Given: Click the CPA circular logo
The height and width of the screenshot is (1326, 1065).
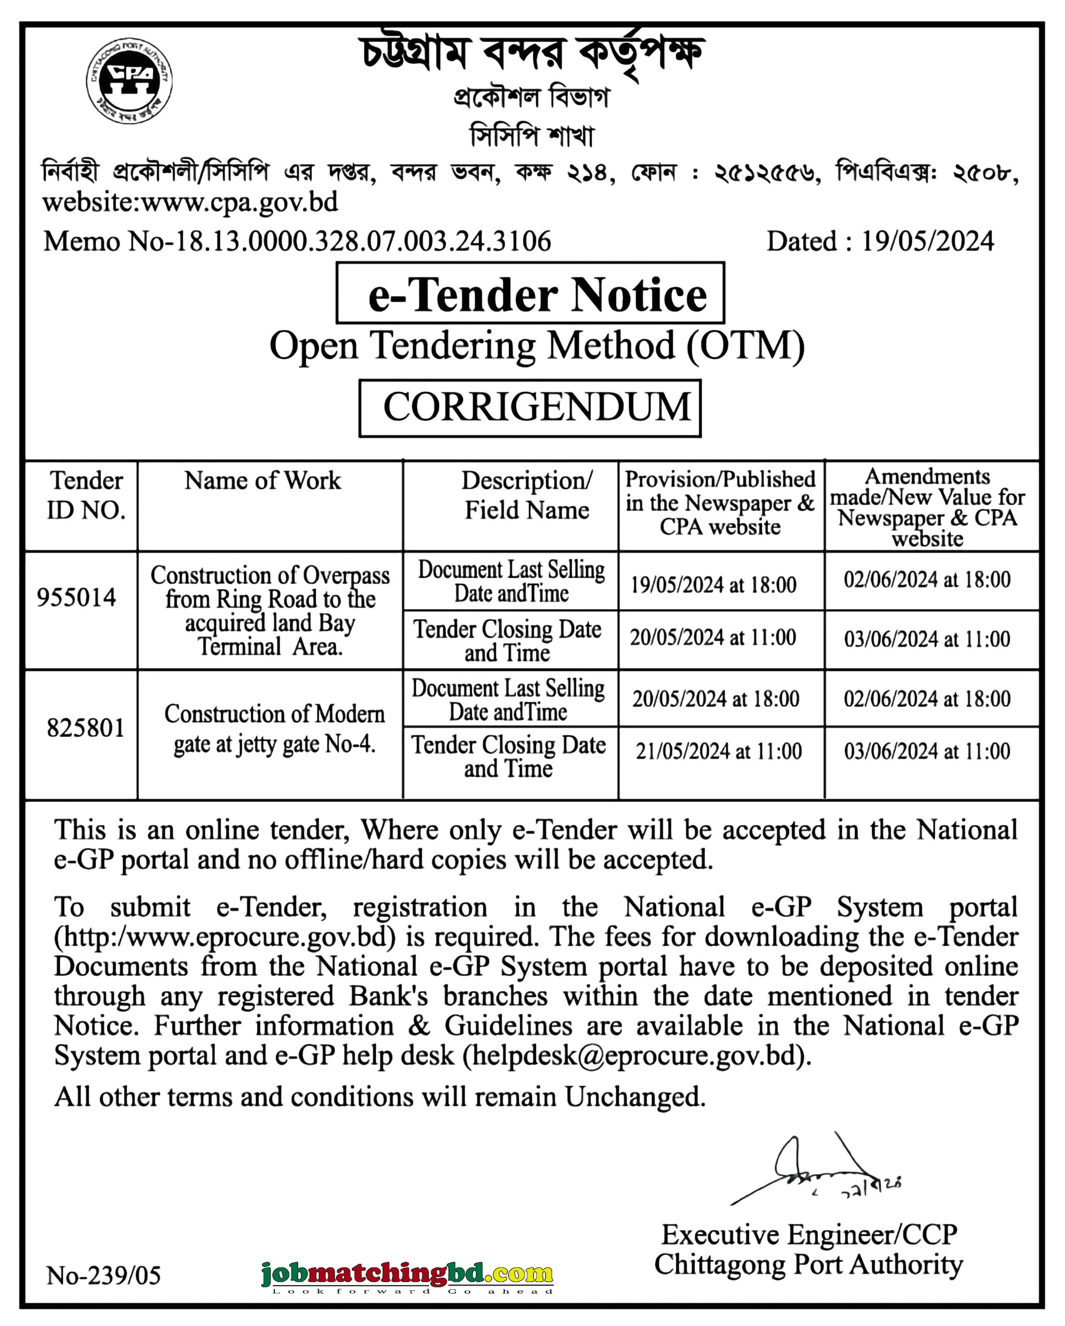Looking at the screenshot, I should pos(129,80).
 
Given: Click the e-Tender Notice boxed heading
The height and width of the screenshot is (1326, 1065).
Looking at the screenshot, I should pos(530,294).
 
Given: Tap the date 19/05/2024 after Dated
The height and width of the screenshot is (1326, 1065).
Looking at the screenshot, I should pos(927,241).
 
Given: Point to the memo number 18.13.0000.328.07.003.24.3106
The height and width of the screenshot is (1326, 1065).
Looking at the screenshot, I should pos(363,241).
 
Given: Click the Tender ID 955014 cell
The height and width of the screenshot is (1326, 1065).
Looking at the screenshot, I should pos(76,597).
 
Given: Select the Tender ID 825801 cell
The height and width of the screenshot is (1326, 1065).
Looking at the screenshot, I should pos(85,728).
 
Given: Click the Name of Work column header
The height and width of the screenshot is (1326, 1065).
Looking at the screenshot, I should pos(262,480).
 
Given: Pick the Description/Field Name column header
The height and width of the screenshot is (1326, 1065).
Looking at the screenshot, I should pos(527,495).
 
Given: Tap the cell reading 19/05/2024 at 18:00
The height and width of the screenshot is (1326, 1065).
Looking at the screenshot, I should pos(713,584).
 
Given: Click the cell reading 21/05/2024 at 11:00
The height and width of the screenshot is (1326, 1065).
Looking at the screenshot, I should pos(719,751).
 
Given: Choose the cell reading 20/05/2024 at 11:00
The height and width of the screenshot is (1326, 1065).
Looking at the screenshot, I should pos(712,637).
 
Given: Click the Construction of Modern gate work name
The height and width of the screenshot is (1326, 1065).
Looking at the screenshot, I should pos(274,729).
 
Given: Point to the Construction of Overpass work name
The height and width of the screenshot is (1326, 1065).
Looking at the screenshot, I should pos(270,610).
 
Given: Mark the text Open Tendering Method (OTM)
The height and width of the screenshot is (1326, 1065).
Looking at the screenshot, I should pos(537,345).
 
